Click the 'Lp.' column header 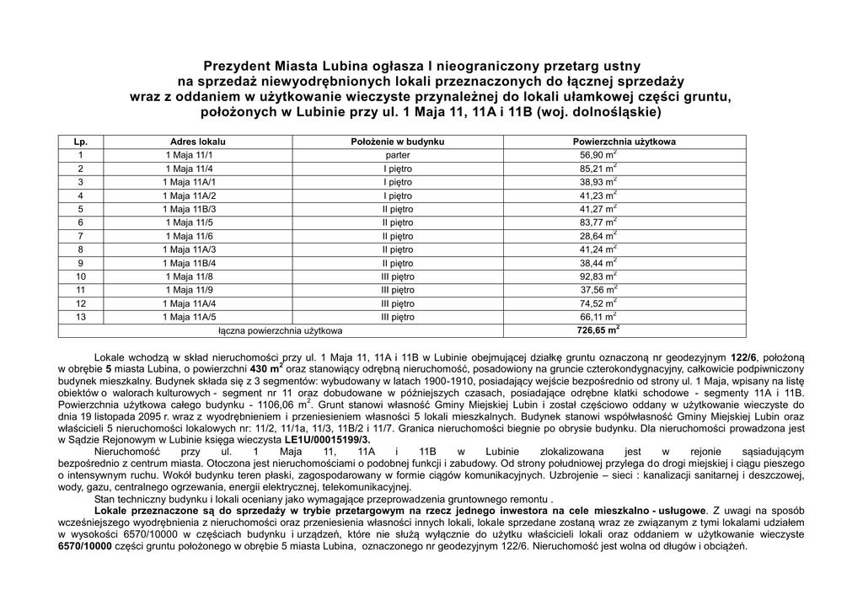click(x=81, y=142)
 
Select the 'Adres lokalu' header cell click(x=198, y=142)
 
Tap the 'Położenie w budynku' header click(x=398, y=142)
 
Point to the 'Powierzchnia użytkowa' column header click(x=624, y=142)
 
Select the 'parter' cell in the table click(x=398, y=156)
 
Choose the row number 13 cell click(x=81, y=317)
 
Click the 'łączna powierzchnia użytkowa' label click(x=281, y=331)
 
